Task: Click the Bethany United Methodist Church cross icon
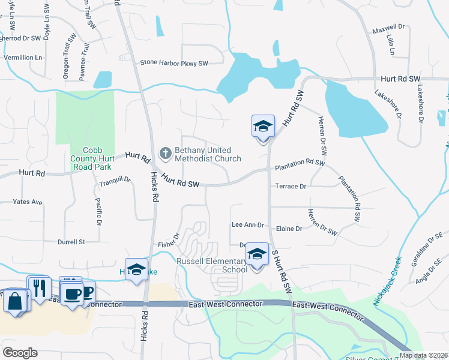pos(165,154)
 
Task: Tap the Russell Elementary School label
pos(211,265)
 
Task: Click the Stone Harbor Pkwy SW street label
pos(173,62)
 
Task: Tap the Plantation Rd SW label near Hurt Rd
pos(300,163)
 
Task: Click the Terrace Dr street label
pos(291,187)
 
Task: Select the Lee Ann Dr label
pos(248,225)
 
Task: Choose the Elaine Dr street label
pos(290,229)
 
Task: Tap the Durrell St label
pos(71,242)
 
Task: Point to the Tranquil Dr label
pos(115,179)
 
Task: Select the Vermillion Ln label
pos(23,58)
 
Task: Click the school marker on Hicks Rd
pos(137,269)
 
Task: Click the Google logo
pos(20,352)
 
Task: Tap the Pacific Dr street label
pos(98,212)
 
